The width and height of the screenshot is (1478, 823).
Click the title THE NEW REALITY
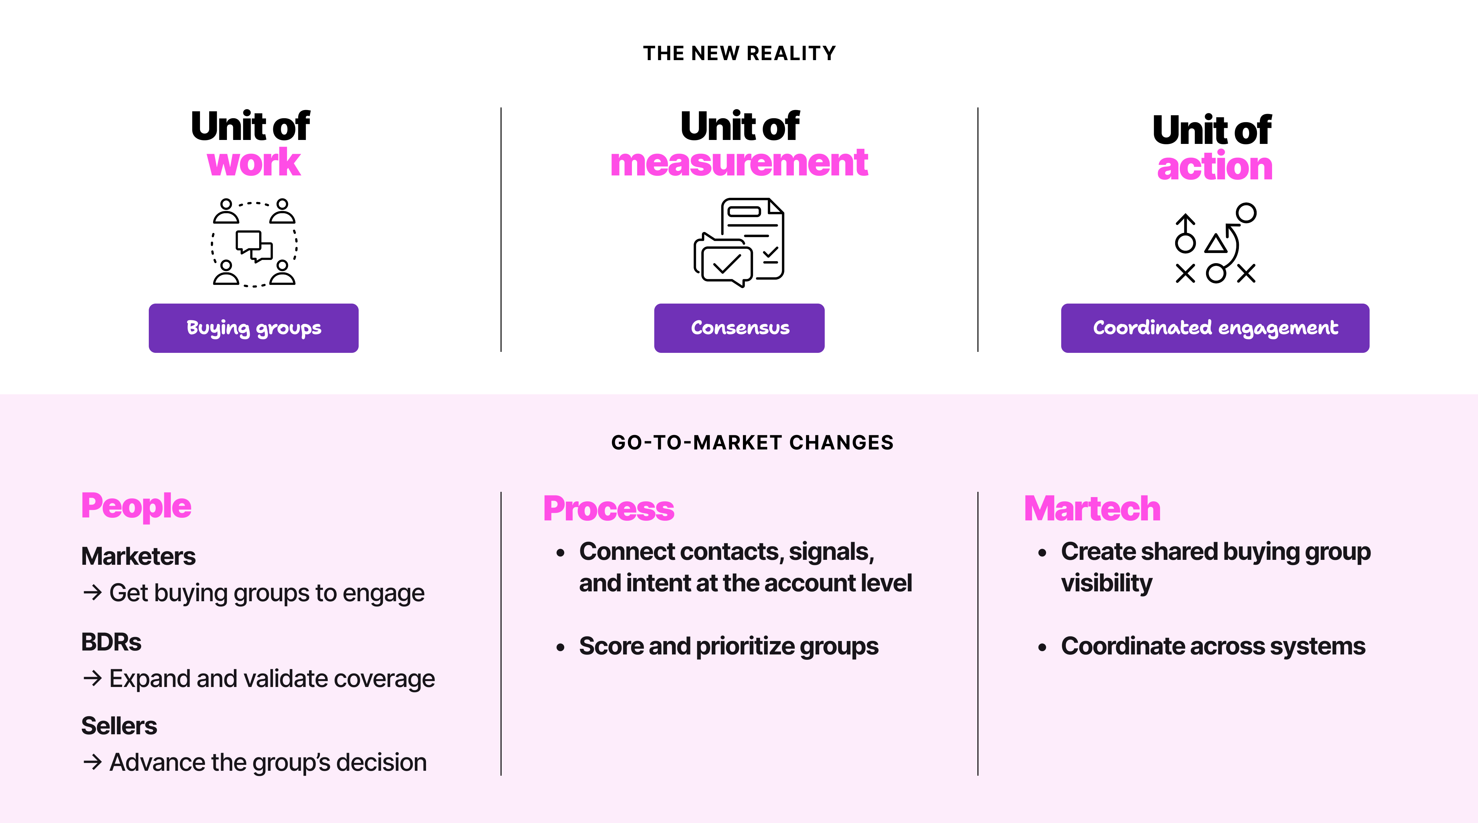coord(739,53)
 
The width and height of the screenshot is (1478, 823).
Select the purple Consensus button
coord(739,328)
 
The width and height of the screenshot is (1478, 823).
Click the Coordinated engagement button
coord(1215,328)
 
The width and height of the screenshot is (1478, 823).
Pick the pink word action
coord(1215,167)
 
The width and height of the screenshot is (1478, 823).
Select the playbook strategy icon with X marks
coord(1215,243)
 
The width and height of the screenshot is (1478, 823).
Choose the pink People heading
coord(136,506)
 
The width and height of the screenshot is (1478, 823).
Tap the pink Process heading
coord(608,509)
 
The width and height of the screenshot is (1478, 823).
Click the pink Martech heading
coord(1092,509)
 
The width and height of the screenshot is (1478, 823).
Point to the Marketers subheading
coord(138,556)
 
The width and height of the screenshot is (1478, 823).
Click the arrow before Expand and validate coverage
coord(92,678)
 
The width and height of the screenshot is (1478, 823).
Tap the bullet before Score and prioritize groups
coord(561,647)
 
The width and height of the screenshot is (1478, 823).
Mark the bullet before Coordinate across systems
coord(1042,647)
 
